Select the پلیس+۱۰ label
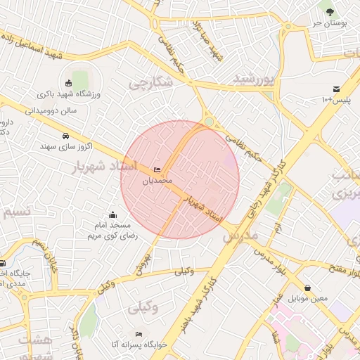coord(336,101)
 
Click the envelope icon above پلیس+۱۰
coord(337,89)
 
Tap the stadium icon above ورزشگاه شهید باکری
coord(69,83)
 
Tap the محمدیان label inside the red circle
coord(157,181)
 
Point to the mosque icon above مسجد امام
coord(112,214)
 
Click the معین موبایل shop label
coord(309,299)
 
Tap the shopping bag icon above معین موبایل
coord(309,288)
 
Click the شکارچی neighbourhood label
coord(150,82)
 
